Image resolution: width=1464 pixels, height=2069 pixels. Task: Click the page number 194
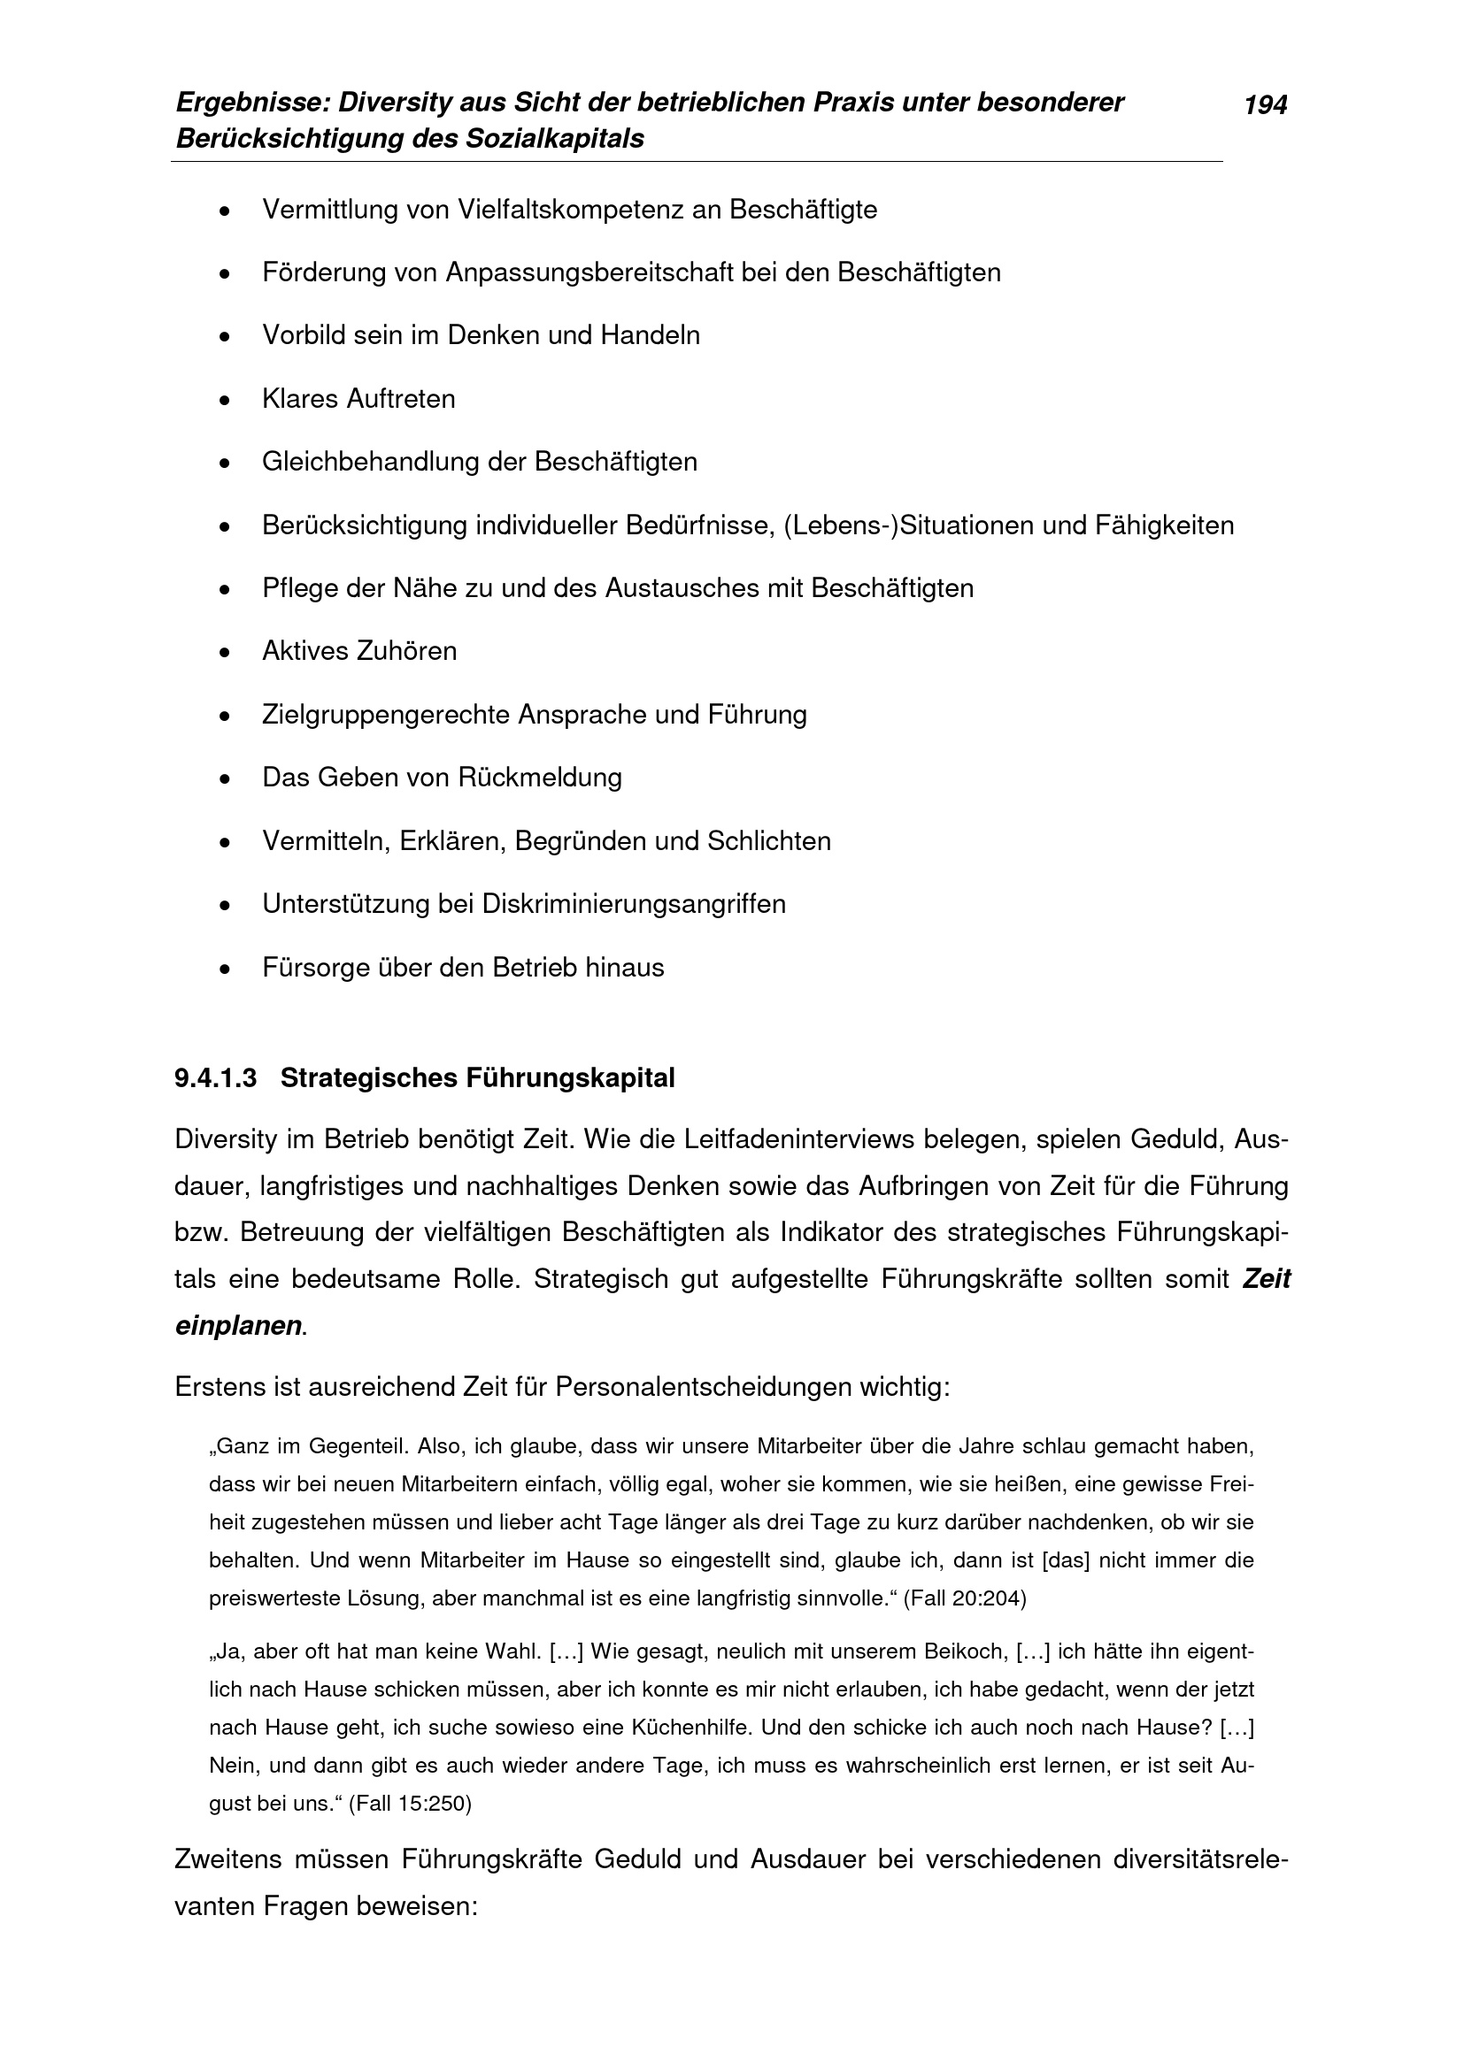click(x=1265, y=106)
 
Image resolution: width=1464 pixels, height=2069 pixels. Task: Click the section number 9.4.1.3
click(x=215, y=1077)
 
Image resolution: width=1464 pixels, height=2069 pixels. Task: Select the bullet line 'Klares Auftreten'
click(x=358, y=398)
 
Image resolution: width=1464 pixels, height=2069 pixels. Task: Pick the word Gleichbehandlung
click(x=371, y=462)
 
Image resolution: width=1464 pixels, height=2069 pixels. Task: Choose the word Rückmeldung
click(x=539, y=777)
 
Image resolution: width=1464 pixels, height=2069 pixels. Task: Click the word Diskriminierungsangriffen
click(x=634, y=904)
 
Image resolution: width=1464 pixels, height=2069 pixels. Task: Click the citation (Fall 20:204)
click(x=965, y=1598)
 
